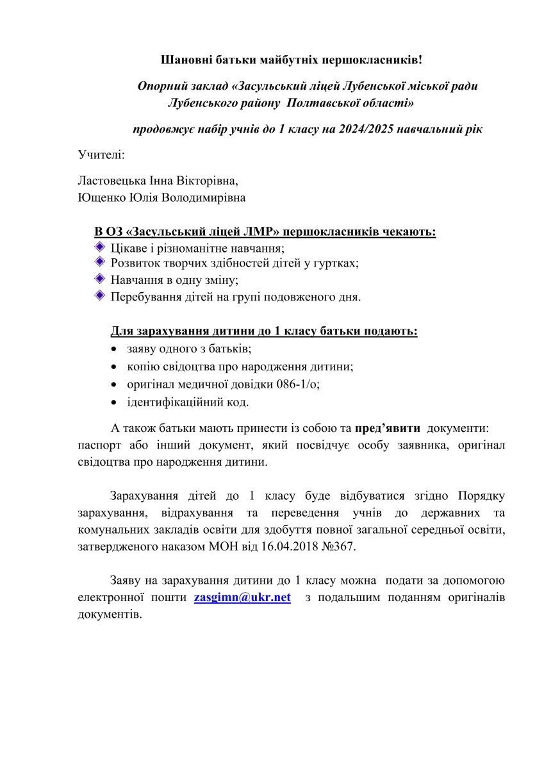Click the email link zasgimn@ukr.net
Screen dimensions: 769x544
tap(242, 597)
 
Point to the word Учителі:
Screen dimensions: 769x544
tap(101, 154)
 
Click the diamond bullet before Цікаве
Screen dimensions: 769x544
tap(99, 247)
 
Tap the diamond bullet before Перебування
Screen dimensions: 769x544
tap(99, 295)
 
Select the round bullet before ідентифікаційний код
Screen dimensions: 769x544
tap(113, 402)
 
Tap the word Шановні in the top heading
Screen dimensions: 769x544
tap(186, 60)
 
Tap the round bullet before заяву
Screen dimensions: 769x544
tap(113, 349)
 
